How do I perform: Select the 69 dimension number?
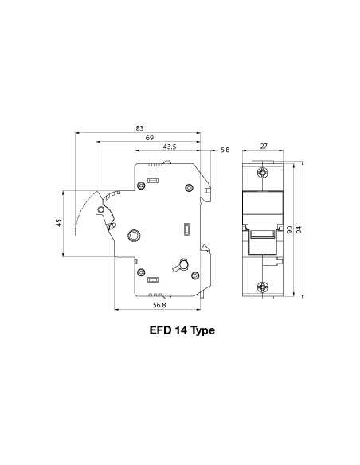click(x=149, y=138)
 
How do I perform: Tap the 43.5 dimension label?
click(x=169, y=147)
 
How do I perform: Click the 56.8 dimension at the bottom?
click(x=159, y=305)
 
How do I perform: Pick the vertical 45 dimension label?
click(x=58, y=224)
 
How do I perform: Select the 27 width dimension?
click(x=264, y=147)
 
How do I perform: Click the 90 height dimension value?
click(x=290, y=229)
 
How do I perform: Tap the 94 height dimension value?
click(x=299, y=229)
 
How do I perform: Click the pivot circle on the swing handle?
click(x=100, y=210)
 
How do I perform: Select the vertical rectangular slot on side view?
click(x=186, y=230)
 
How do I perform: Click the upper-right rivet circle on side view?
click(x=189, y=188)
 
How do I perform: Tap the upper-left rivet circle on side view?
click(x=139, y=188)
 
